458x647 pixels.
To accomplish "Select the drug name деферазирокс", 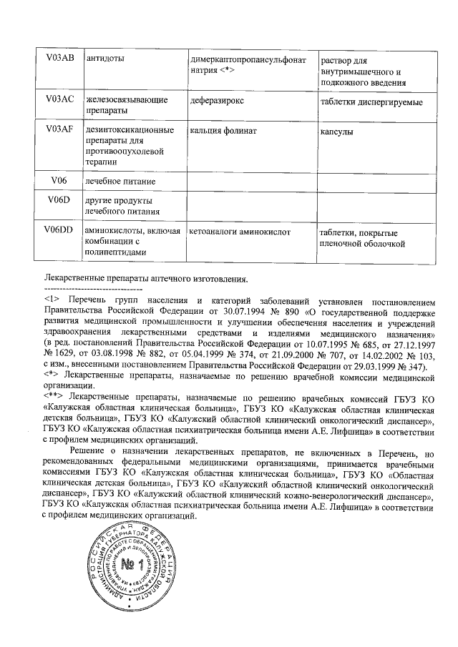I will [x=220, y=101].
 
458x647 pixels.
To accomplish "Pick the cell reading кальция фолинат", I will [x=223, y=132].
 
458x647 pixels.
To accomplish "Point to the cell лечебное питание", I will [x=119, y=182].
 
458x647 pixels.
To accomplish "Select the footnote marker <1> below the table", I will [x=51, y=298].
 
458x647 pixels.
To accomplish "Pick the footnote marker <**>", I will [x=54, y=395].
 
